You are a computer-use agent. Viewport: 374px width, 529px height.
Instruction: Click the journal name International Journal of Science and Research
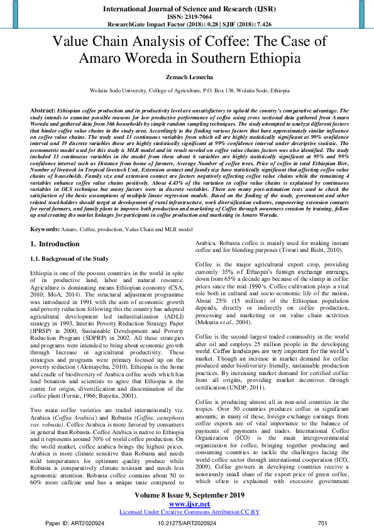(x=187, y=9)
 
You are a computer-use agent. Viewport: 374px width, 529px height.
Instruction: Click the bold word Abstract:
(x=43, y=110)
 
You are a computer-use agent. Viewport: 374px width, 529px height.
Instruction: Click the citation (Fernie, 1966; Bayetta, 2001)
(x=105, y=379)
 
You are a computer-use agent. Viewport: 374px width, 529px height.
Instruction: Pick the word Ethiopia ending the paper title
(x=268, y=58)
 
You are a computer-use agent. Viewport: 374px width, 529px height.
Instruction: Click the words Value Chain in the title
(x=87, y=42)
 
